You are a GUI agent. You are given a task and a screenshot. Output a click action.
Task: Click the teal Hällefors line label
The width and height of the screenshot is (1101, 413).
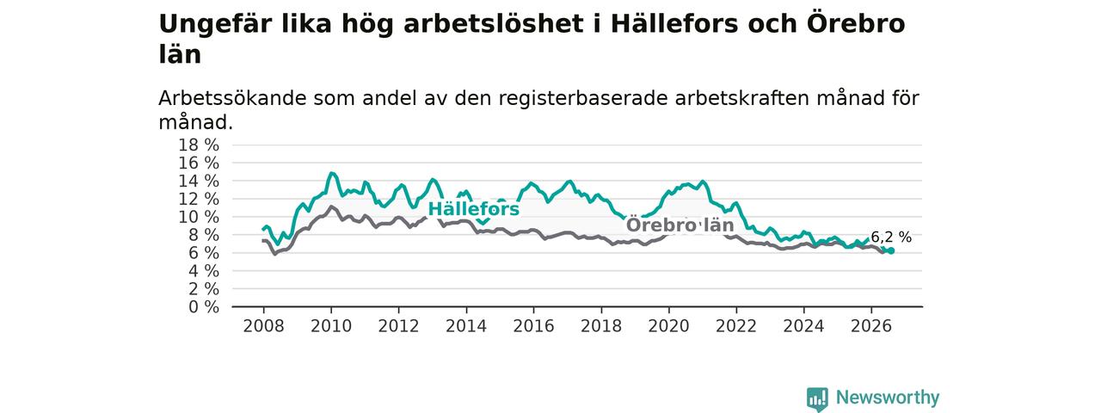(x=473, y=209)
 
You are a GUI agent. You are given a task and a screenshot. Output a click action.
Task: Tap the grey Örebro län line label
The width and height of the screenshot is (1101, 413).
(x=680, y=225)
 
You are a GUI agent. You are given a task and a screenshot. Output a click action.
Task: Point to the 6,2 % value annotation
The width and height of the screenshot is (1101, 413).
(x=891, y=237)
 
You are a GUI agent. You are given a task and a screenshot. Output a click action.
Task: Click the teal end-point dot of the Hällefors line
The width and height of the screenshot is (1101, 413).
(x=891, y=250)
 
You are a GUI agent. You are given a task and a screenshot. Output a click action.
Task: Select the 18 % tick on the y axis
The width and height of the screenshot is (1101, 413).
(x=199, y=145)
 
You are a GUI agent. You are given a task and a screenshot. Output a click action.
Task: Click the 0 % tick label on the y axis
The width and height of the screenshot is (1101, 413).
(x=204, y=307)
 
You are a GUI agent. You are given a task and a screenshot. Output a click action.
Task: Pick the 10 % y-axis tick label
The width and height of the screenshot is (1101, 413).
(x=199, y=217)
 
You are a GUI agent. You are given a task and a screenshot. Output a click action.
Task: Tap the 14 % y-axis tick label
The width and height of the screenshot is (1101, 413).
(x=199, y=181)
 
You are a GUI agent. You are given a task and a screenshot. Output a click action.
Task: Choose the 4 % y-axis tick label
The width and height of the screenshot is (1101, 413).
(x=204, y=271)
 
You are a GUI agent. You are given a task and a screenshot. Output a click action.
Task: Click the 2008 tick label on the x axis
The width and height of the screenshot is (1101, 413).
(x=263, y=326)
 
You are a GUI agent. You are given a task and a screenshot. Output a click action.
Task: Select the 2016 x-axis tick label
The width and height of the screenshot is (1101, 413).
(x=534, y=326)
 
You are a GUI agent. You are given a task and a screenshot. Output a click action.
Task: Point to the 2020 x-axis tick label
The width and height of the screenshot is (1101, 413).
(x=668, y=326)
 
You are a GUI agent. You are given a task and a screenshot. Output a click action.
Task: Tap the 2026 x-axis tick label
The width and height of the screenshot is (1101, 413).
(x=871, y=326)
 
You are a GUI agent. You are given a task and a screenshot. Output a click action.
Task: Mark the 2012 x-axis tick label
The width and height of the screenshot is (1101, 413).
(x=398, y=326)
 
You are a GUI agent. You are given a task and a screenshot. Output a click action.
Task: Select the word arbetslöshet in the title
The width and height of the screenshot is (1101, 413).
(x=495, y=23)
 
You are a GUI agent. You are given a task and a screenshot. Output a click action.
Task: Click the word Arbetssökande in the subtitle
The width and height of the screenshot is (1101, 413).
(x=232, y=98)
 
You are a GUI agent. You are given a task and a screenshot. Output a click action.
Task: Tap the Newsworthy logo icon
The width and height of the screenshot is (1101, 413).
(x=817, y=398)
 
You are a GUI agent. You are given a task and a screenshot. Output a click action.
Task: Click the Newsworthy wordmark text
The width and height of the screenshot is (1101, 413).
(x=888, y=398)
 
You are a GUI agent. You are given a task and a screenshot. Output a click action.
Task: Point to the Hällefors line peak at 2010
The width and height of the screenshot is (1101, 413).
(x=332, y=173)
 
